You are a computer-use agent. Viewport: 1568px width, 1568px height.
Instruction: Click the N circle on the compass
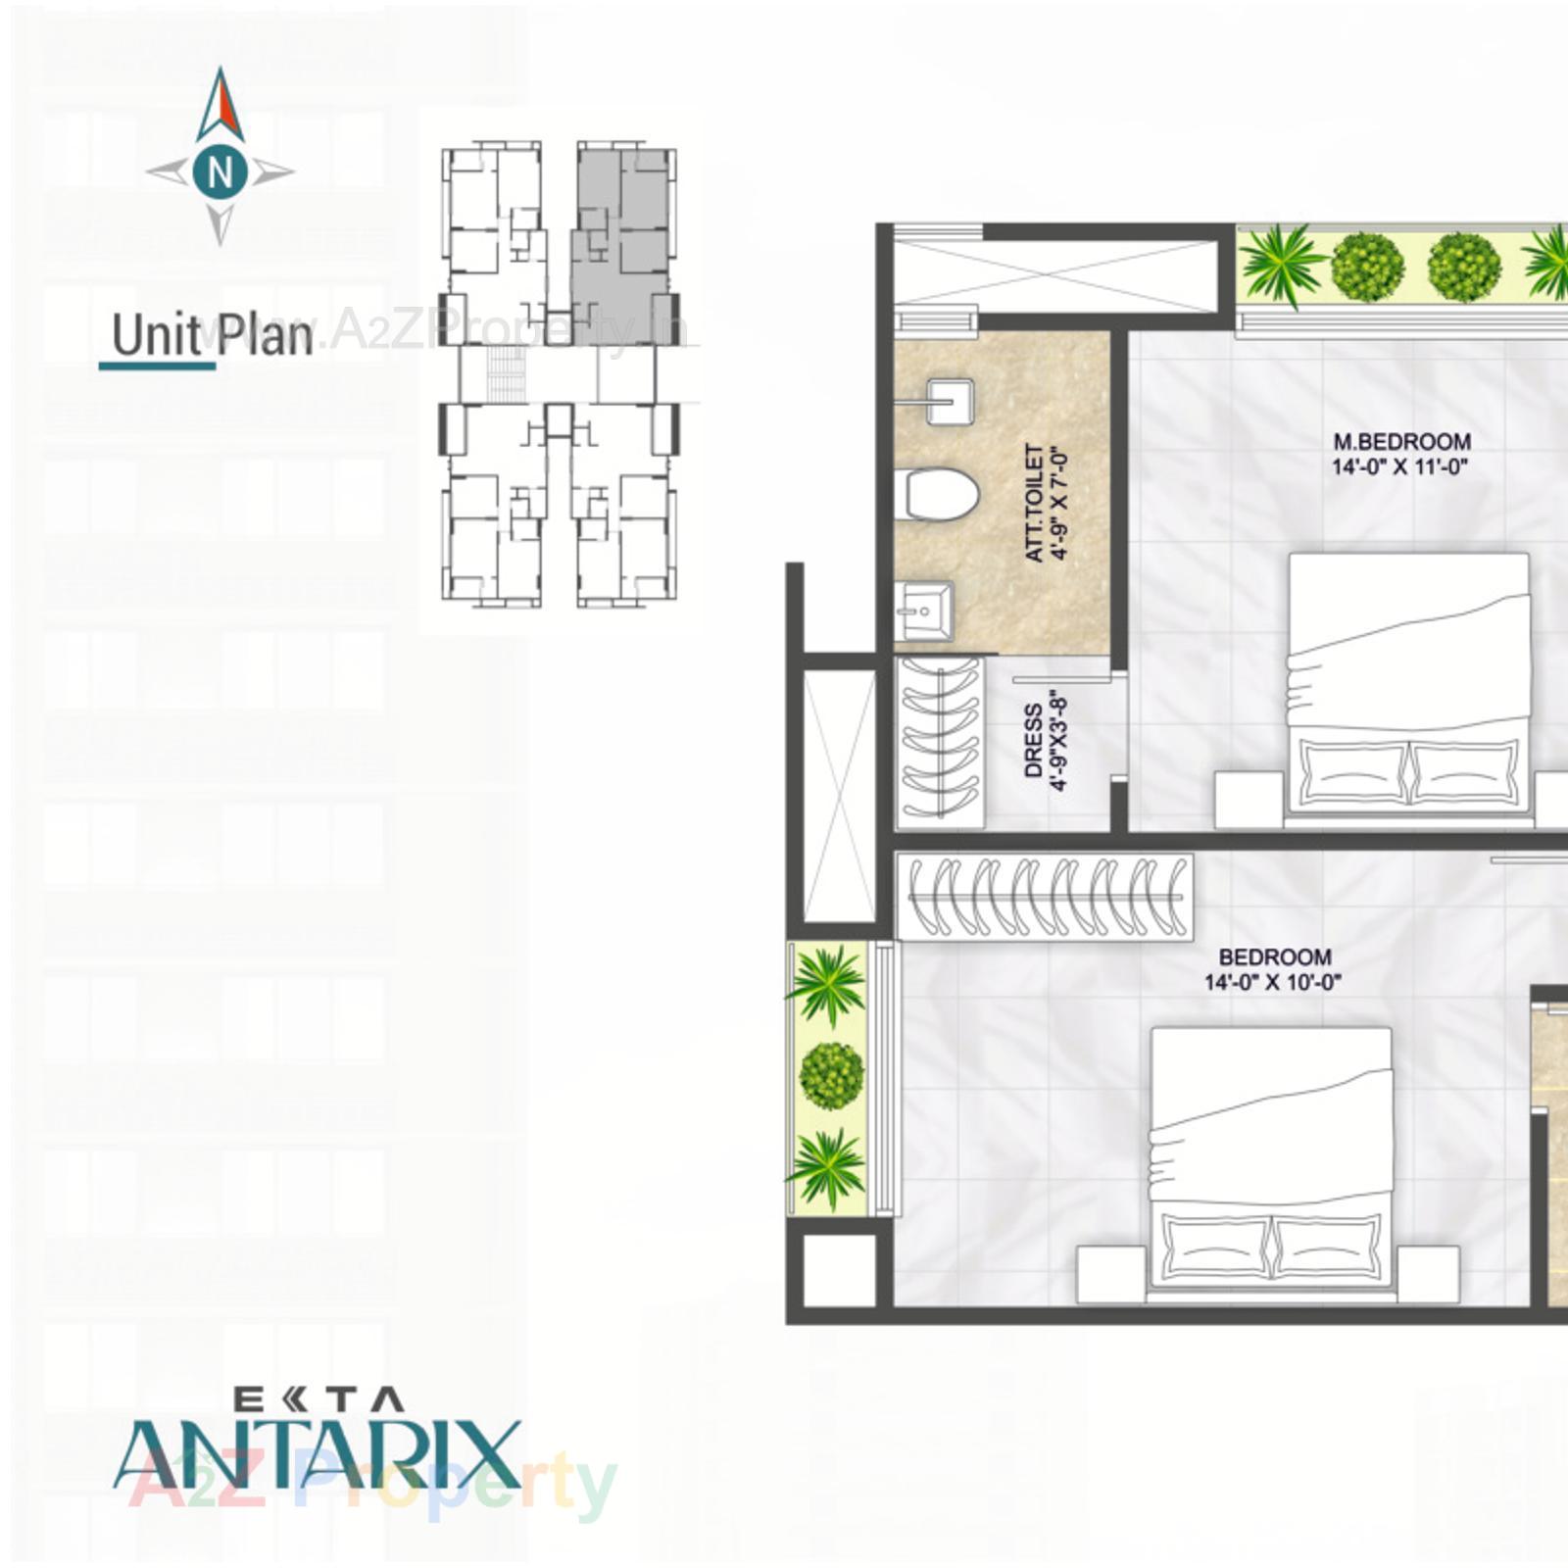click(220, 171)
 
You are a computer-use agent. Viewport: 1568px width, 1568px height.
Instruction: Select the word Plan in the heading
click(264, 335)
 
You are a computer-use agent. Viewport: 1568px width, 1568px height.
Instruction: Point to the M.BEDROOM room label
click(1401, 442)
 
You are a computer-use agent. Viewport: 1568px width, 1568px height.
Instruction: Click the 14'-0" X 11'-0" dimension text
click(1399, 466)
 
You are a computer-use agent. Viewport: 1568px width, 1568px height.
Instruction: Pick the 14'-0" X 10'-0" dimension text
click(1273, 982)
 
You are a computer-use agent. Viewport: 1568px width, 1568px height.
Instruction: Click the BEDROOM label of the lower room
click(1274, 956)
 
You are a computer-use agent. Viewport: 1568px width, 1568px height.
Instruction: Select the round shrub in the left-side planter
click(831, 1076)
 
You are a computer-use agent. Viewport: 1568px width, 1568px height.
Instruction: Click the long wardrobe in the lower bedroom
click(1045, 897)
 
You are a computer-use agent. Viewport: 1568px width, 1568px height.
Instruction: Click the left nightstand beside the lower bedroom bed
click(1111, 1275)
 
